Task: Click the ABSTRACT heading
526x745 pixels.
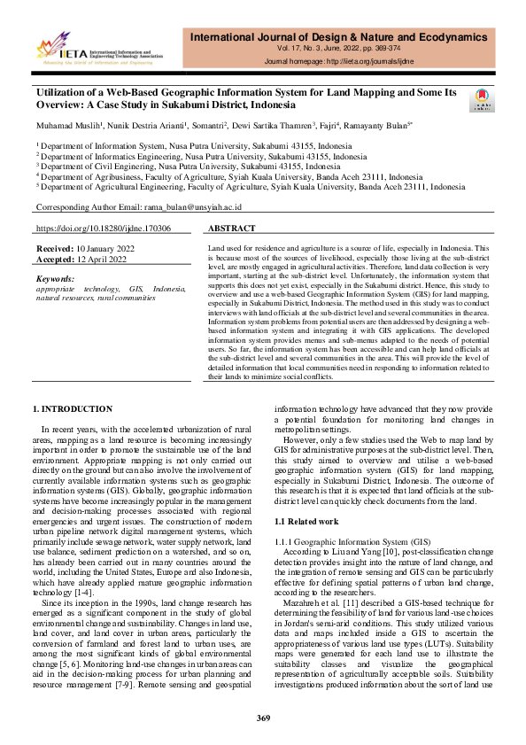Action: [231, 228]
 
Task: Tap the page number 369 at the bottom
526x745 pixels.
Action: [263, 717]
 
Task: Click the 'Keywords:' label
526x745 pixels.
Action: [55, 277]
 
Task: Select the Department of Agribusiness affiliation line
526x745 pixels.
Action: [228, 175]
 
